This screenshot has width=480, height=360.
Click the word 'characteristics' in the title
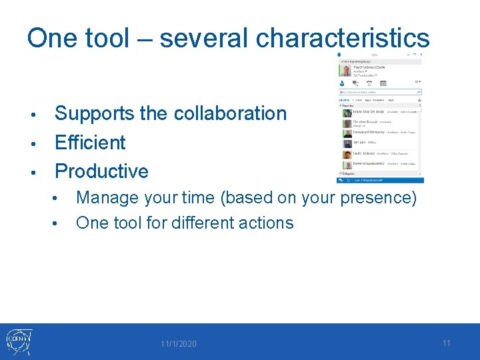[343, 39]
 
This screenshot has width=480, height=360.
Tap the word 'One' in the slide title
[56, 39]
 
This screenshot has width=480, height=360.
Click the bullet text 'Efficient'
[90, 143]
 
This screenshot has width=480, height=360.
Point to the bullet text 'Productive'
[101, 171]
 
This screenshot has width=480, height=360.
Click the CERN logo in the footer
[19, 342]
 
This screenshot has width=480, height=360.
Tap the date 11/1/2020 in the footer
[178, 344]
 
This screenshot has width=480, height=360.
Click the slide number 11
[447, 343]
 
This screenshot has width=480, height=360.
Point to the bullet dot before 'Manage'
[61, 199]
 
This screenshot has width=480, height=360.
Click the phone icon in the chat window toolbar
[369, 83]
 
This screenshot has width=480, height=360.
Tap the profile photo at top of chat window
[346, 69]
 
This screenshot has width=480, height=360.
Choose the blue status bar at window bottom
[380, 180]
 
